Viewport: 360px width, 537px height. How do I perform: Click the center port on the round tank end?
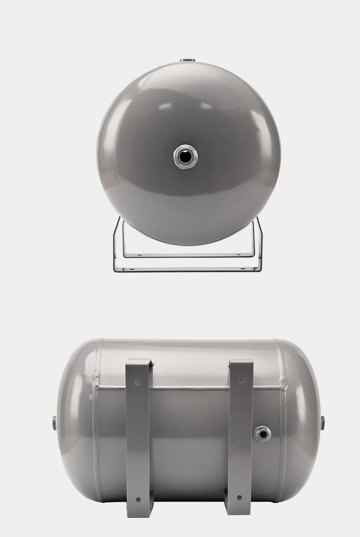(x=185, y=157)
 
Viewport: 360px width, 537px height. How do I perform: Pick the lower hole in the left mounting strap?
(x=138, y=500)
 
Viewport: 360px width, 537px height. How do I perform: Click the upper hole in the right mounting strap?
(x=241, y=380)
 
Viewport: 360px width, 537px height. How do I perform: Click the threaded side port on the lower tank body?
(x=262, y=433)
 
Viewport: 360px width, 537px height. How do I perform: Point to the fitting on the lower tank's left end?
(x=54, y=422)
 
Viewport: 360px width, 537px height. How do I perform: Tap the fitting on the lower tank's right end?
(x=323, y=422)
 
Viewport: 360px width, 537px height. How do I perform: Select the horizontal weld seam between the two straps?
(x=189, y=388)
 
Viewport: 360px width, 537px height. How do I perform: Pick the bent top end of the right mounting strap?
(x=241, y=364)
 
